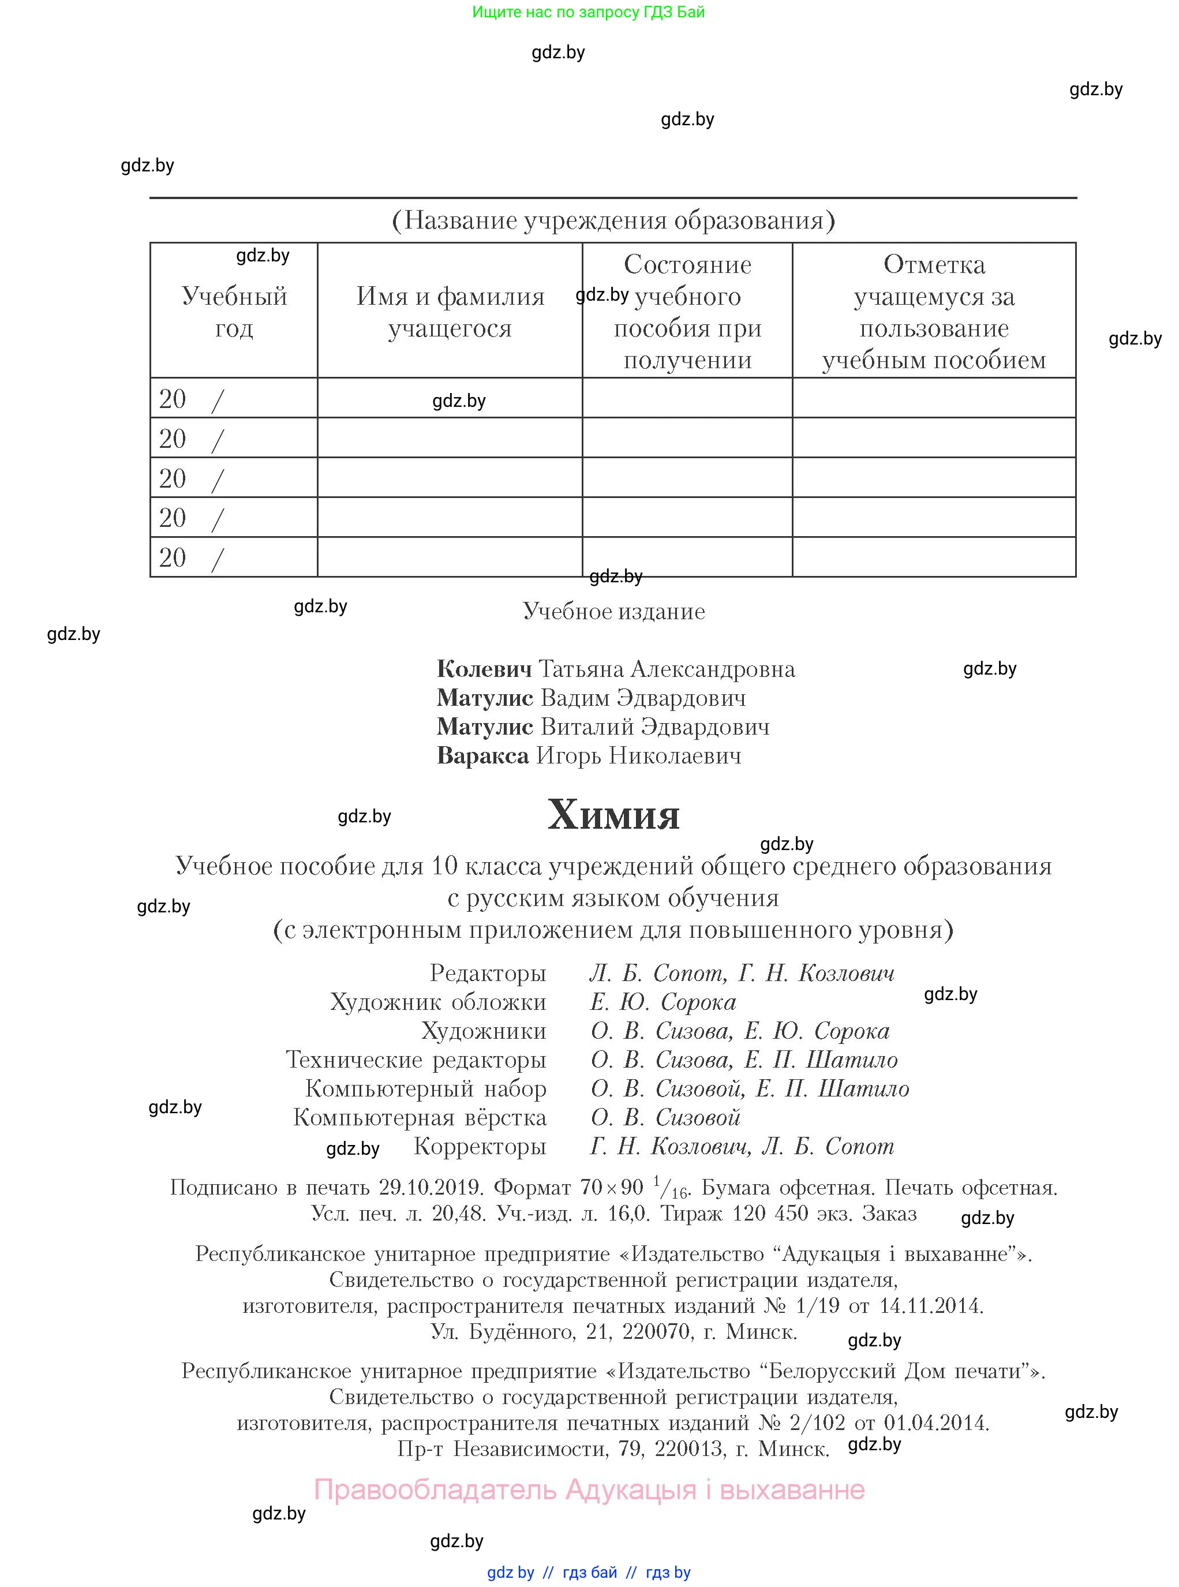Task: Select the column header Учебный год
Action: tap(234, 312)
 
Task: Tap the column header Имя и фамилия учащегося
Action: tap(450, 312)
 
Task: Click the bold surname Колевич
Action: tap(484, 669)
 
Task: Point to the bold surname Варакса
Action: tap(482, 755)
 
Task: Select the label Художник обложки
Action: tap(437, 1002)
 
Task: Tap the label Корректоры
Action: tap(480, 1146)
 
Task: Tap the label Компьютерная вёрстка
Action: tap(420, 1117)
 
